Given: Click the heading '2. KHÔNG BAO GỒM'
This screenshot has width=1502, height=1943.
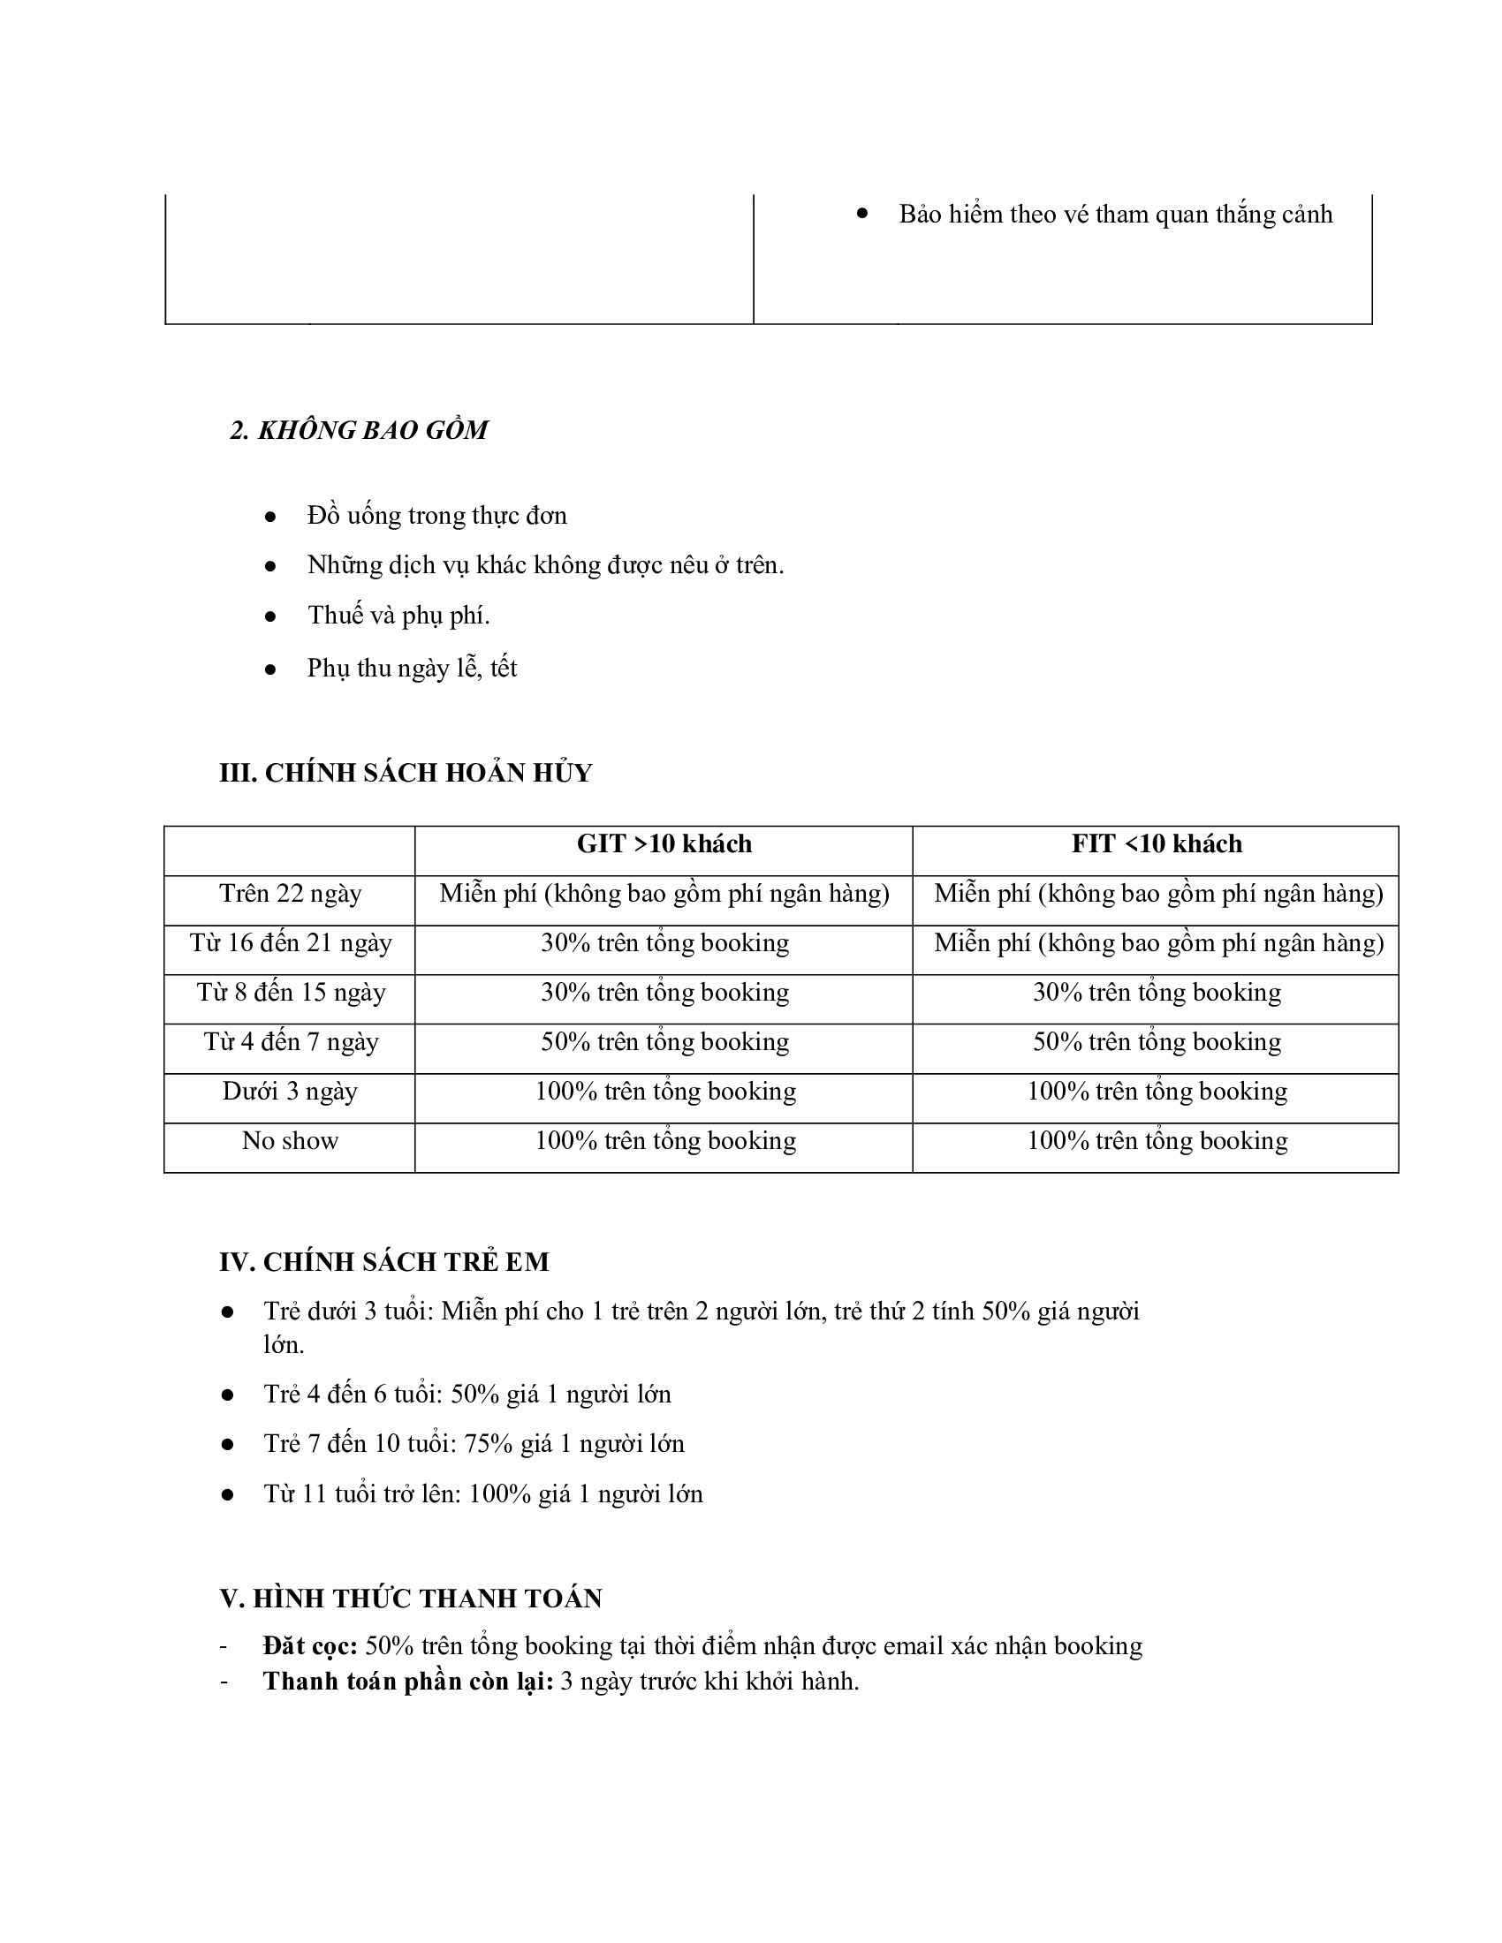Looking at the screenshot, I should click(359, 431).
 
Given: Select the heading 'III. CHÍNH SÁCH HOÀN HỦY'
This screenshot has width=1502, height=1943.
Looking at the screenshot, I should click(406, 772).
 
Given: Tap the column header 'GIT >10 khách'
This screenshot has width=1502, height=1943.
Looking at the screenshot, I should click(664, 843).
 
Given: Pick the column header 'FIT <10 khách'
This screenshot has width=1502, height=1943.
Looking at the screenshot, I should click(1156, 843).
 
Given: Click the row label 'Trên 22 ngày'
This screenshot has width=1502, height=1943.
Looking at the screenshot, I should click(290, 893).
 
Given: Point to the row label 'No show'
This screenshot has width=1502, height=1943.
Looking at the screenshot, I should click(290, 1140).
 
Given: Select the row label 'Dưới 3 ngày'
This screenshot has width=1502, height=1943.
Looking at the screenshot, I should click(290, 1091).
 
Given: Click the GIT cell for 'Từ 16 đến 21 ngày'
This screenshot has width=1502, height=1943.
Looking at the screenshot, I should click(664, 943).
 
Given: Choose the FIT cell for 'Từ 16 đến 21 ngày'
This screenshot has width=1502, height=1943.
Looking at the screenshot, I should click(1157, 943).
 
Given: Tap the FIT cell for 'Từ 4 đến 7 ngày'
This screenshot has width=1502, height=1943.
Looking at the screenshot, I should click(1157, 1042).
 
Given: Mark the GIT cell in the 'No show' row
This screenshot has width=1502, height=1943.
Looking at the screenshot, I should click(664, 1140).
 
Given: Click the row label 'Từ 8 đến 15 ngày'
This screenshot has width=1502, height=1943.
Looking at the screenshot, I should click(291, 992).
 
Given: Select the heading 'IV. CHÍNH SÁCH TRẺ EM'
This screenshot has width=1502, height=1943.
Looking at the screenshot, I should click(384, 1261).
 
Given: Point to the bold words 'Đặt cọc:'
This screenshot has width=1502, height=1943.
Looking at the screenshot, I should click(309, 1646).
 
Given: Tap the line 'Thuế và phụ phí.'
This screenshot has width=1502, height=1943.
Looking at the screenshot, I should click(398, 616).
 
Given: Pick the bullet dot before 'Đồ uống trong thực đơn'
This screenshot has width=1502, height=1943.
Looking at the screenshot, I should click(270, 517).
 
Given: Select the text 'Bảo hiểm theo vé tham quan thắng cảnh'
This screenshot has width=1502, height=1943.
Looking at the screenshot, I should click(1115, 215).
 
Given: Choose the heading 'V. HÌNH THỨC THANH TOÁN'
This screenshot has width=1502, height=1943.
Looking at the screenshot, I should click(411, 1599).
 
